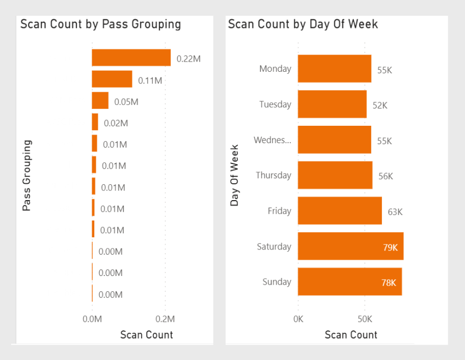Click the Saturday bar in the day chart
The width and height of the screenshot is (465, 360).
[350, 246]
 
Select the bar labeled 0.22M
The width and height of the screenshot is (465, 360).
[131, 58]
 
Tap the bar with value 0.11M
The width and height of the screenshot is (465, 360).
[112, 79]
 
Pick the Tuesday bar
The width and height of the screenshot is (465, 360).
[332, 104]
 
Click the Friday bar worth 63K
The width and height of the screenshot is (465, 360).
[340, 211]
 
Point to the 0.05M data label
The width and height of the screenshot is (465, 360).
[126, 102]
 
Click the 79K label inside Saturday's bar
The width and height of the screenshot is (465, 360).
[391, 247]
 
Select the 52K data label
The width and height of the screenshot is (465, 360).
[380, 105]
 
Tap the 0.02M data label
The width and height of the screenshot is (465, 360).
[116, 123]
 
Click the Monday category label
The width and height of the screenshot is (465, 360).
[275, 69]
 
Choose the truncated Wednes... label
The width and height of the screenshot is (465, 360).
[272, 140]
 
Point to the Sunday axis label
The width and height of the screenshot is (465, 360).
[277, 282]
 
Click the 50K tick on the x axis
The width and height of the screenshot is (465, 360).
[365, 319]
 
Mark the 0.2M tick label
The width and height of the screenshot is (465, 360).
[165, 319]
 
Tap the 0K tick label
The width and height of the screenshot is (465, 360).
[298, 319]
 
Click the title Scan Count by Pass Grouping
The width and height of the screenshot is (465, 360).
[100, 24]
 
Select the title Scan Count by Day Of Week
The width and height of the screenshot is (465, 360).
[303, 24]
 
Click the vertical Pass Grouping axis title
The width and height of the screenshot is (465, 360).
[27, 175]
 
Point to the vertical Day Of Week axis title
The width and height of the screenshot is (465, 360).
[234, 175]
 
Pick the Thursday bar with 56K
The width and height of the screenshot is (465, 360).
[335, 175]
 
